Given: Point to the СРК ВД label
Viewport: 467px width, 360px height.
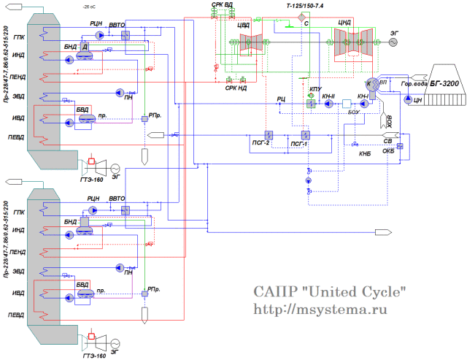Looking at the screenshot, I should pos(223,5).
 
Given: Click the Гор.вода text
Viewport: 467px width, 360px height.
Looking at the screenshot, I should pos(412,83).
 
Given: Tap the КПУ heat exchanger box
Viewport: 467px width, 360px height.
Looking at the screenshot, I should pos(311,104).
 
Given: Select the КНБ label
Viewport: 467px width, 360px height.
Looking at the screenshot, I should pos(365,154).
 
